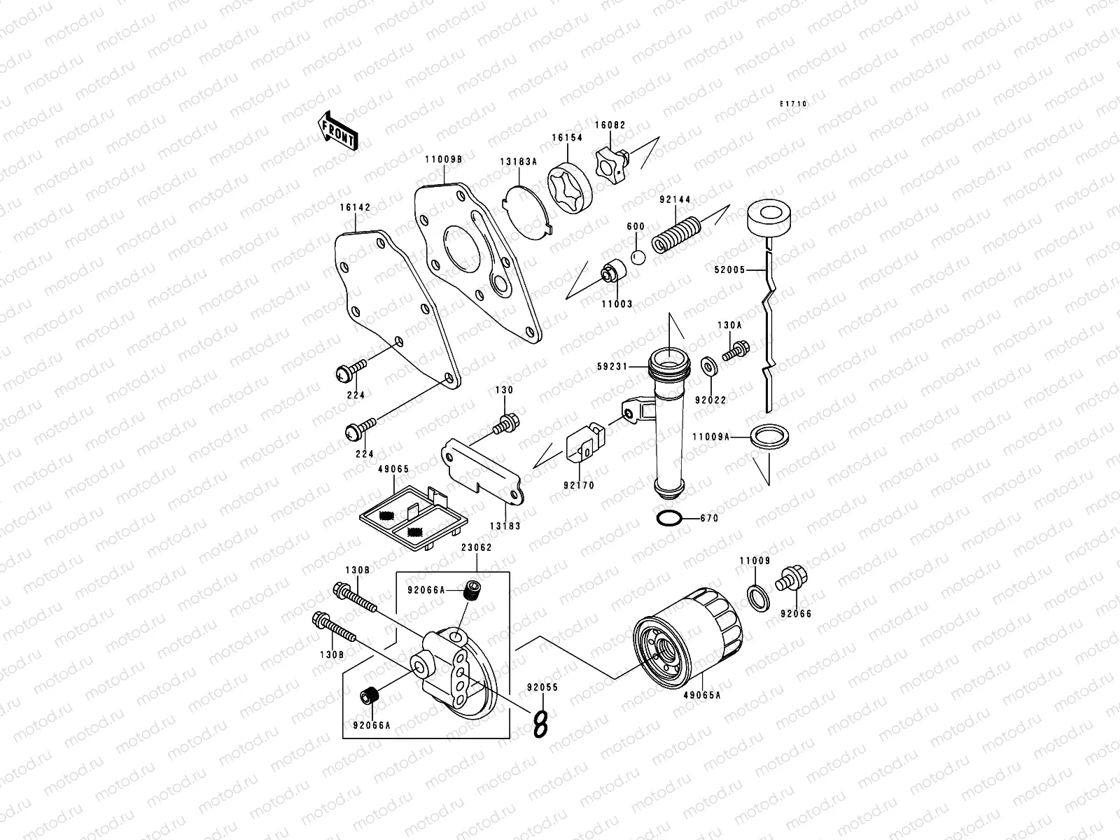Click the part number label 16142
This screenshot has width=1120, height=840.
pos(356,207)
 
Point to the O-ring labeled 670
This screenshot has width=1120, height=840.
pos(668,519)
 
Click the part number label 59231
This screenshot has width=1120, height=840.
pos(612,366)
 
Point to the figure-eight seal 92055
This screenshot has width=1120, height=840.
pos(540,723)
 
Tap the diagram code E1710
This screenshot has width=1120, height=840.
pos(794,104)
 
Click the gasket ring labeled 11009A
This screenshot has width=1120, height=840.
pos(768,435)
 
